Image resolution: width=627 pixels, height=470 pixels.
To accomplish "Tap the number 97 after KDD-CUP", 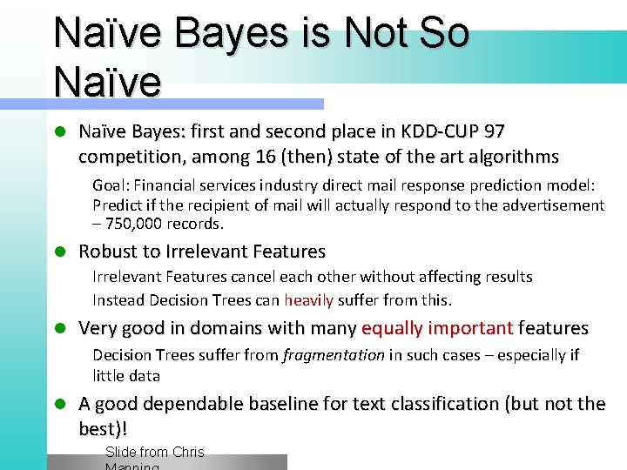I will coord(494,131).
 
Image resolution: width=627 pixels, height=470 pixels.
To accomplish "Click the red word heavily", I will coord(308,300).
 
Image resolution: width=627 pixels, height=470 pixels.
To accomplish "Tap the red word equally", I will coord(392,328).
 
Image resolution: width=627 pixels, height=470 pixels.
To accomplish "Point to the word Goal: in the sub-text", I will coord(111,185).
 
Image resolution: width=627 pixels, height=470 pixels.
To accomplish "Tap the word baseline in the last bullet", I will coord(289,404).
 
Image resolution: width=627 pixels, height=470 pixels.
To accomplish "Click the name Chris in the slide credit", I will coord(188,452).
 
